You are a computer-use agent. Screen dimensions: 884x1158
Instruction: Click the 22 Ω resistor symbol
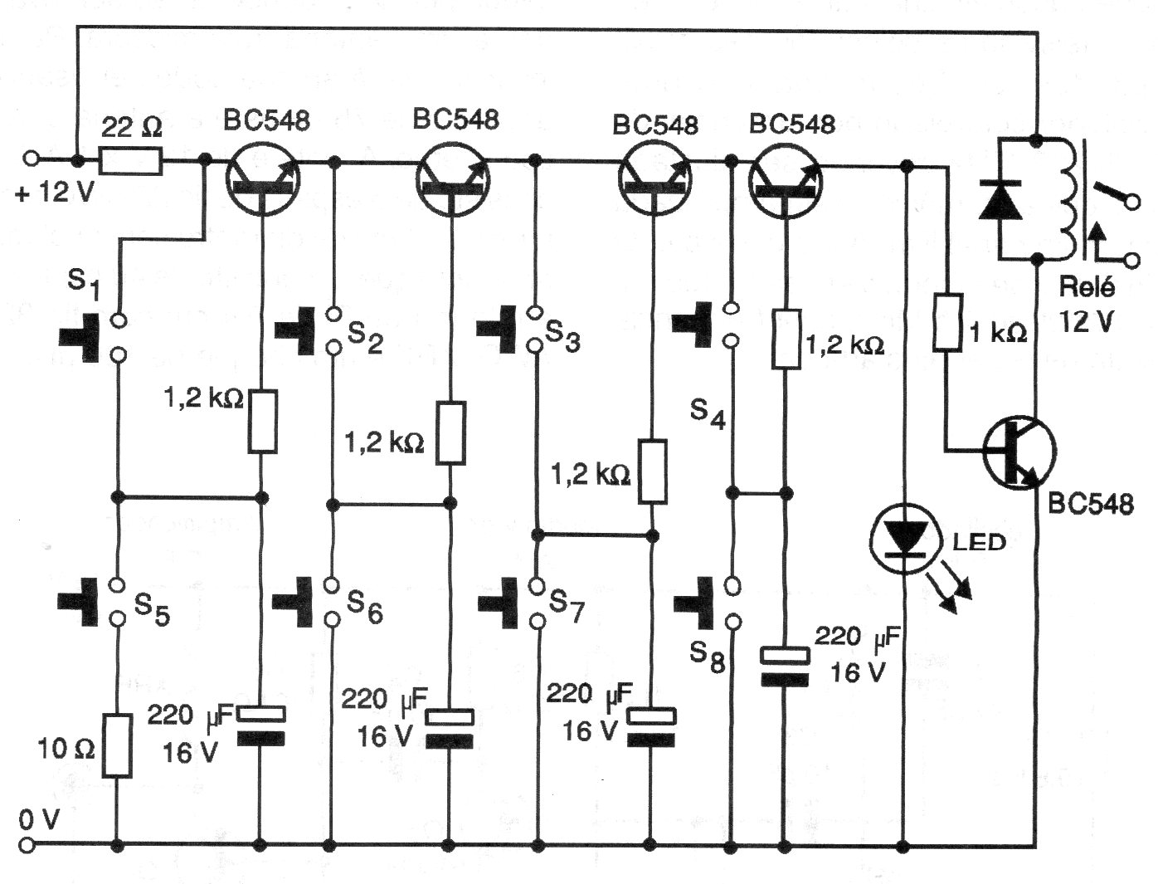130,160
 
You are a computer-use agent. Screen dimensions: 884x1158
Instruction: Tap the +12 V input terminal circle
30,159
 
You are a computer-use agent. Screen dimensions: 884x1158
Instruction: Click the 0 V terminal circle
30,846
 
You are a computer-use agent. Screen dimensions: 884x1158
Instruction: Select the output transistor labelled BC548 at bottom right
1019,453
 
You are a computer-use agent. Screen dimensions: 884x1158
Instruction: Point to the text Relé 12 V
1087,304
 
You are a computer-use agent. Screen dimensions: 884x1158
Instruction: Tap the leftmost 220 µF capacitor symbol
261,724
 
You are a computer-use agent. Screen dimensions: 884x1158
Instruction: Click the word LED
979,542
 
